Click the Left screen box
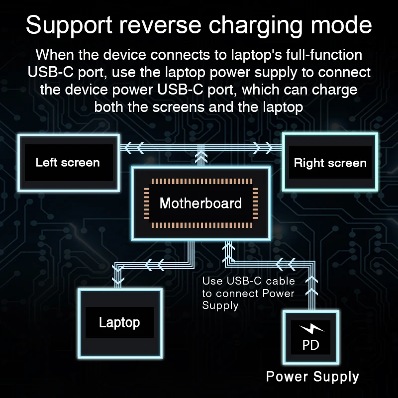point(68,162)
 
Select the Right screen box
point(330,163)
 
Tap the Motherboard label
point(200,203)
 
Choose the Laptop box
point(119,322)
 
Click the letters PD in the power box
point(311,345)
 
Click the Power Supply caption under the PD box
point(312,376)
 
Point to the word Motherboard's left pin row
point(146,203)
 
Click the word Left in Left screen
point(46,162)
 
